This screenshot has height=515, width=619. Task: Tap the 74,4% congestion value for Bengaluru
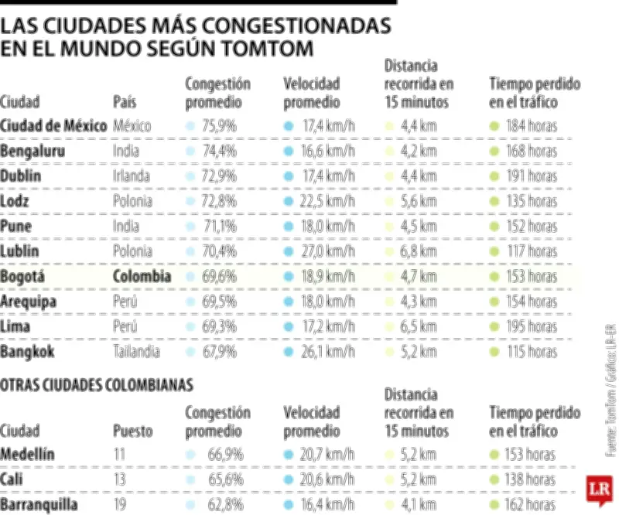pos(219,151)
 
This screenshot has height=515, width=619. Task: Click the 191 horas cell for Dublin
pos(532,176)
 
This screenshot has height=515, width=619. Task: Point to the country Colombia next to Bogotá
pos(142,276)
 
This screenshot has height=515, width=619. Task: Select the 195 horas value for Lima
pos(532,327)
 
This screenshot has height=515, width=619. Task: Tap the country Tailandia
pos(136,352)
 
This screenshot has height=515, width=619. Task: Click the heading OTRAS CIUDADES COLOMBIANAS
pos(96,384)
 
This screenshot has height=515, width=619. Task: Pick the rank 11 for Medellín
pos(119,455)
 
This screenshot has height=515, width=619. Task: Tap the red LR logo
pos(598,489)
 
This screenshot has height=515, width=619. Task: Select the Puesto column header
pos(132,430)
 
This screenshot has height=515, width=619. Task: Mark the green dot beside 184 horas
pos(494,125)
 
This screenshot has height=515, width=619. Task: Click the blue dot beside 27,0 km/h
pos(289,251)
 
